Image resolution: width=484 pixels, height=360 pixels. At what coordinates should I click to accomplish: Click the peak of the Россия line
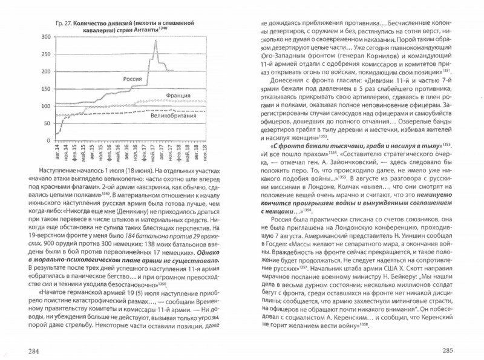coord(155,41)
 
